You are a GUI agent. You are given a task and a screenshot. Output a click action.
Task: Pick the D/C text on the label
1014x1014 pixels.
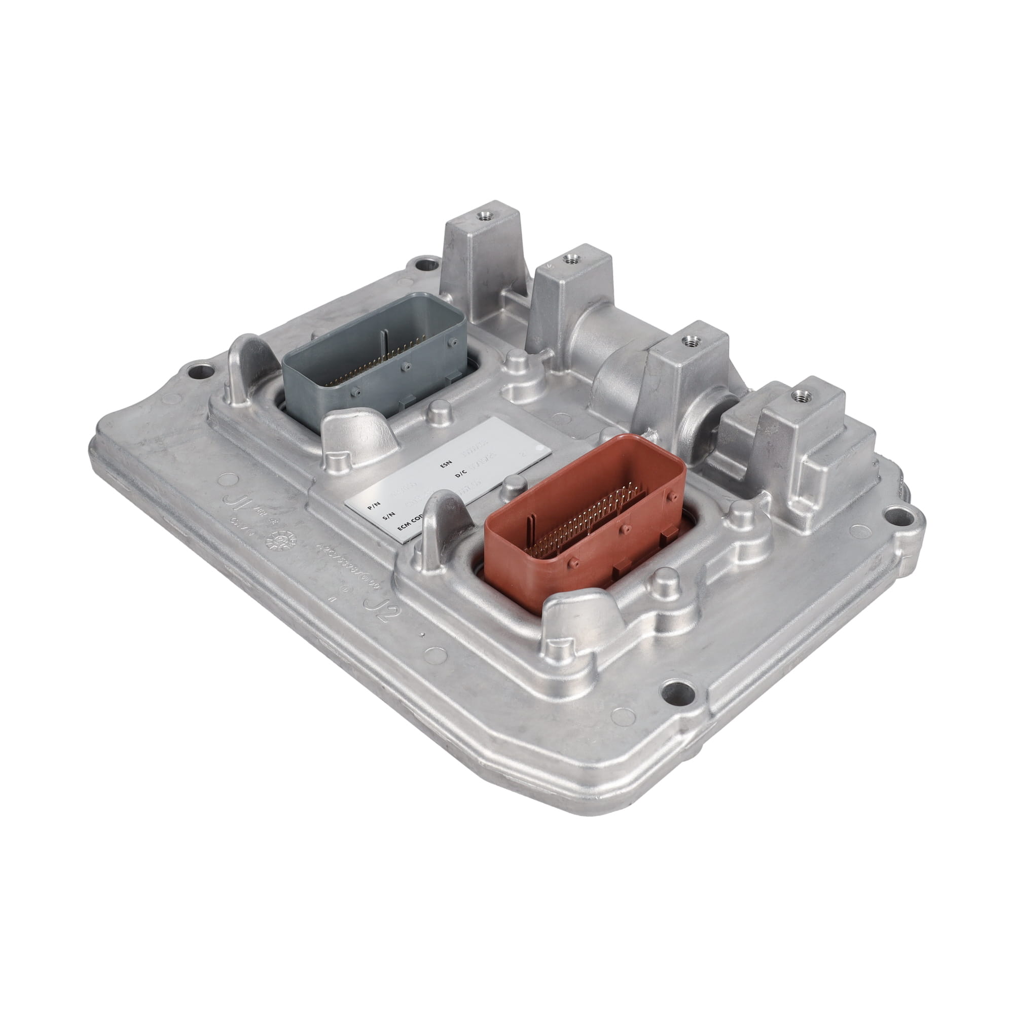pyautogui.click(x=461, y=474)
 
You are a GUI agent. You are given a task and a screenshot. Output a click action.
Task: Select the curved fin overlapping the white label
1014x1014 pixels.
pyautogui.click(x=441, y=525)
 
